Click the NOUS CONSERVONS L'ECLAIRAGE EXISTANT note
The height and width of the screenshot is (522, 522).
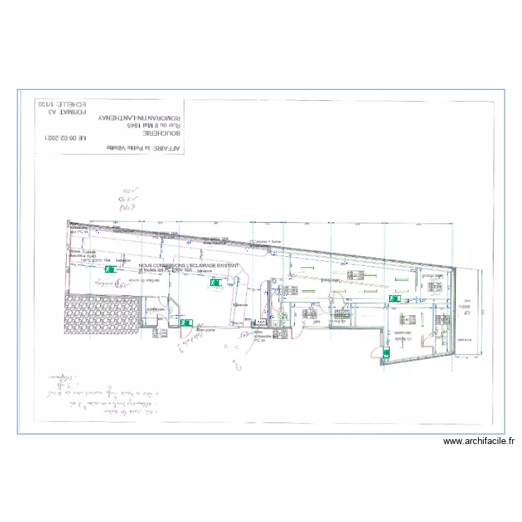point(189,265)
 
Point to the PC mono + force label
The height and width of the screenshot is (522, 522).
point(267,242)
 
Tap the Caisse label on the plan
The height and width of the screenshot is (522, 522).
point(89,251)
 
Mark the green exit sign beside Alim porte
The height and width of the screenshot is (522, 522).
point(186,323)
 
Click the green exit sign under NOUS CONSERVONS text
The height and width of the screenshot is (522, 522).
point(214,283)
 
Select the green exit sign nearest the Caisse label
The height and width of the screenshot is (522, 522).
point(109,268)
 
